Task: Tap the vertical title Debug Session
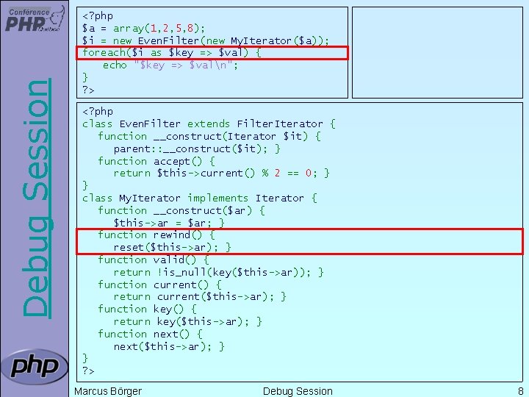click(x=37, y=198)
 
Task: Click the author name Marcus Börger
click(x=108, y=391)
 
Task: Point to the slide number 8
click(x=520, y=391)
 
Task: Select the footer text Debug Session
click(x=298, y=391)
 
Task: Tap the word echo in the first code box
click(x=115, y=65)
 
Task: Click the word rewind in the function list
click(x=171, y=235)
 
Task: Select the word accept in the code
click(x=171, y=161)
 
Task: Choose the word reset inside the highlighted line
click(x=129, y=247)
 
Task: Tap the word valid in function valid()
click(x=168, y=260)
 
